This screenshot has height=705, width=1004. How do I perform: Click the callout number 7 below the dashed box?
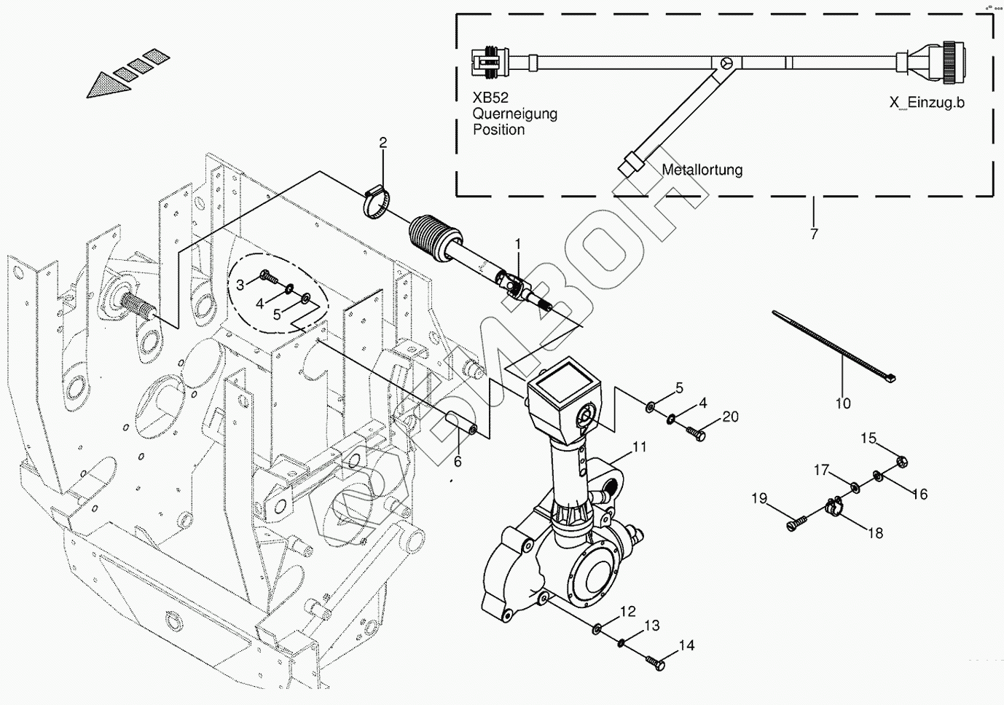pos(814,234)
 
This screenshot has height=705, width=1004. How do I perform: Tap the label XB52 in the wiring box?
pos(490,98)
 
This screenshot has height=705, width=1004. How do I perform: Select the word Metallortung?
pos(702,170)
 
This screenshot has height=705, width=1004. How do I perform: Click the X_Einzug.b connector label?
pos(926,103)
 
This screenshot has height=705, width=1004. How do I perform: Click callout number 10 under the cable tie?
pos(842,403)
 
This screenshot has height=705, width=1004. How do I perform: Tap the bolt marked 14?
pos(656,663)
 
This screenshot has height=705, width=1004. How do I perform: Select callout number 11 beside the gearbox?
pos(639,447)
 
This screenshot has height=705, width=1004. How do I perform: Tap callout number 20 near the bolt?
pos(730,417)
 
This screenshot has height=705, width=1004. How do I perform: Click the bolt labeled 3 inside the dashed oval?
pos(266,277)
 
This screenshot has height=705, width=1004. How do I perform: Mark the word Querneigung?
pos(514,114)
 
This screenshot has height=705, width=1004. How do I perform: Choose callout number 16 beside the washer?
pos(919,495)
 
